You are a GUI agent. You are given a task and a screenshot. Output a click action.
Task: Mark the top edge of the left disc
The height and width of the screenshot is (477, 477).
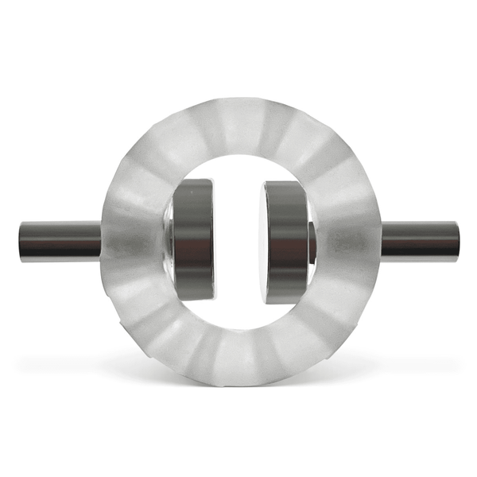click(195, 181)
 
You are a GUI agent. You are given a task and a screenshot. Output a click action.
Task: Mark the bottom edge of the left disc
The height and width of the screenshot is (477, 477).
click(195, 300)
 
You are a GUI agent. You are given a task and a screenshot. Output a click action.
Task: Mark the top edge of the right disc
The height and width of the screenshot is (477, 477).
click(286, 182)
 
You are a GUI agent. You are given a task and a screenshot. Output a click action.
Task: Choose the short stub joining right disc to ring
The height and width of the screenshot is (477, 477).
click(312, 241)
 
